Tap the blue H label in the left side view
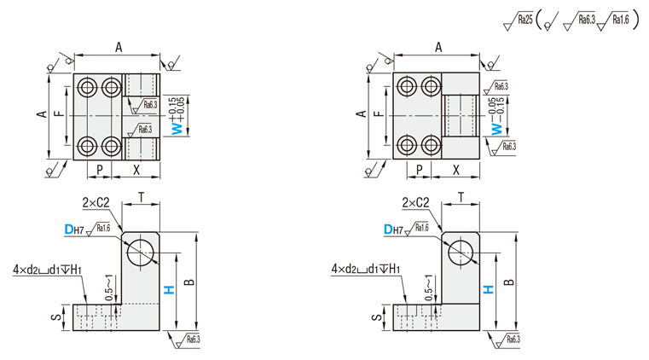(x=169, y=289)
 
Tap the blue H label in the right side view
(x=489, y=289)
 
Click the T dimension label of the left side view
(x=140, y=196)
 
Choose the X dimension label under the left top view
(x=136, y=169)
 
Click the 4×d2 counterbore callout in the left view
(x=48, y=270)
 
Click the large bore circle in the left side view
(x=140, y=253)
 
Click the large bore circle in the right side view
(x=461, y=253)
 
